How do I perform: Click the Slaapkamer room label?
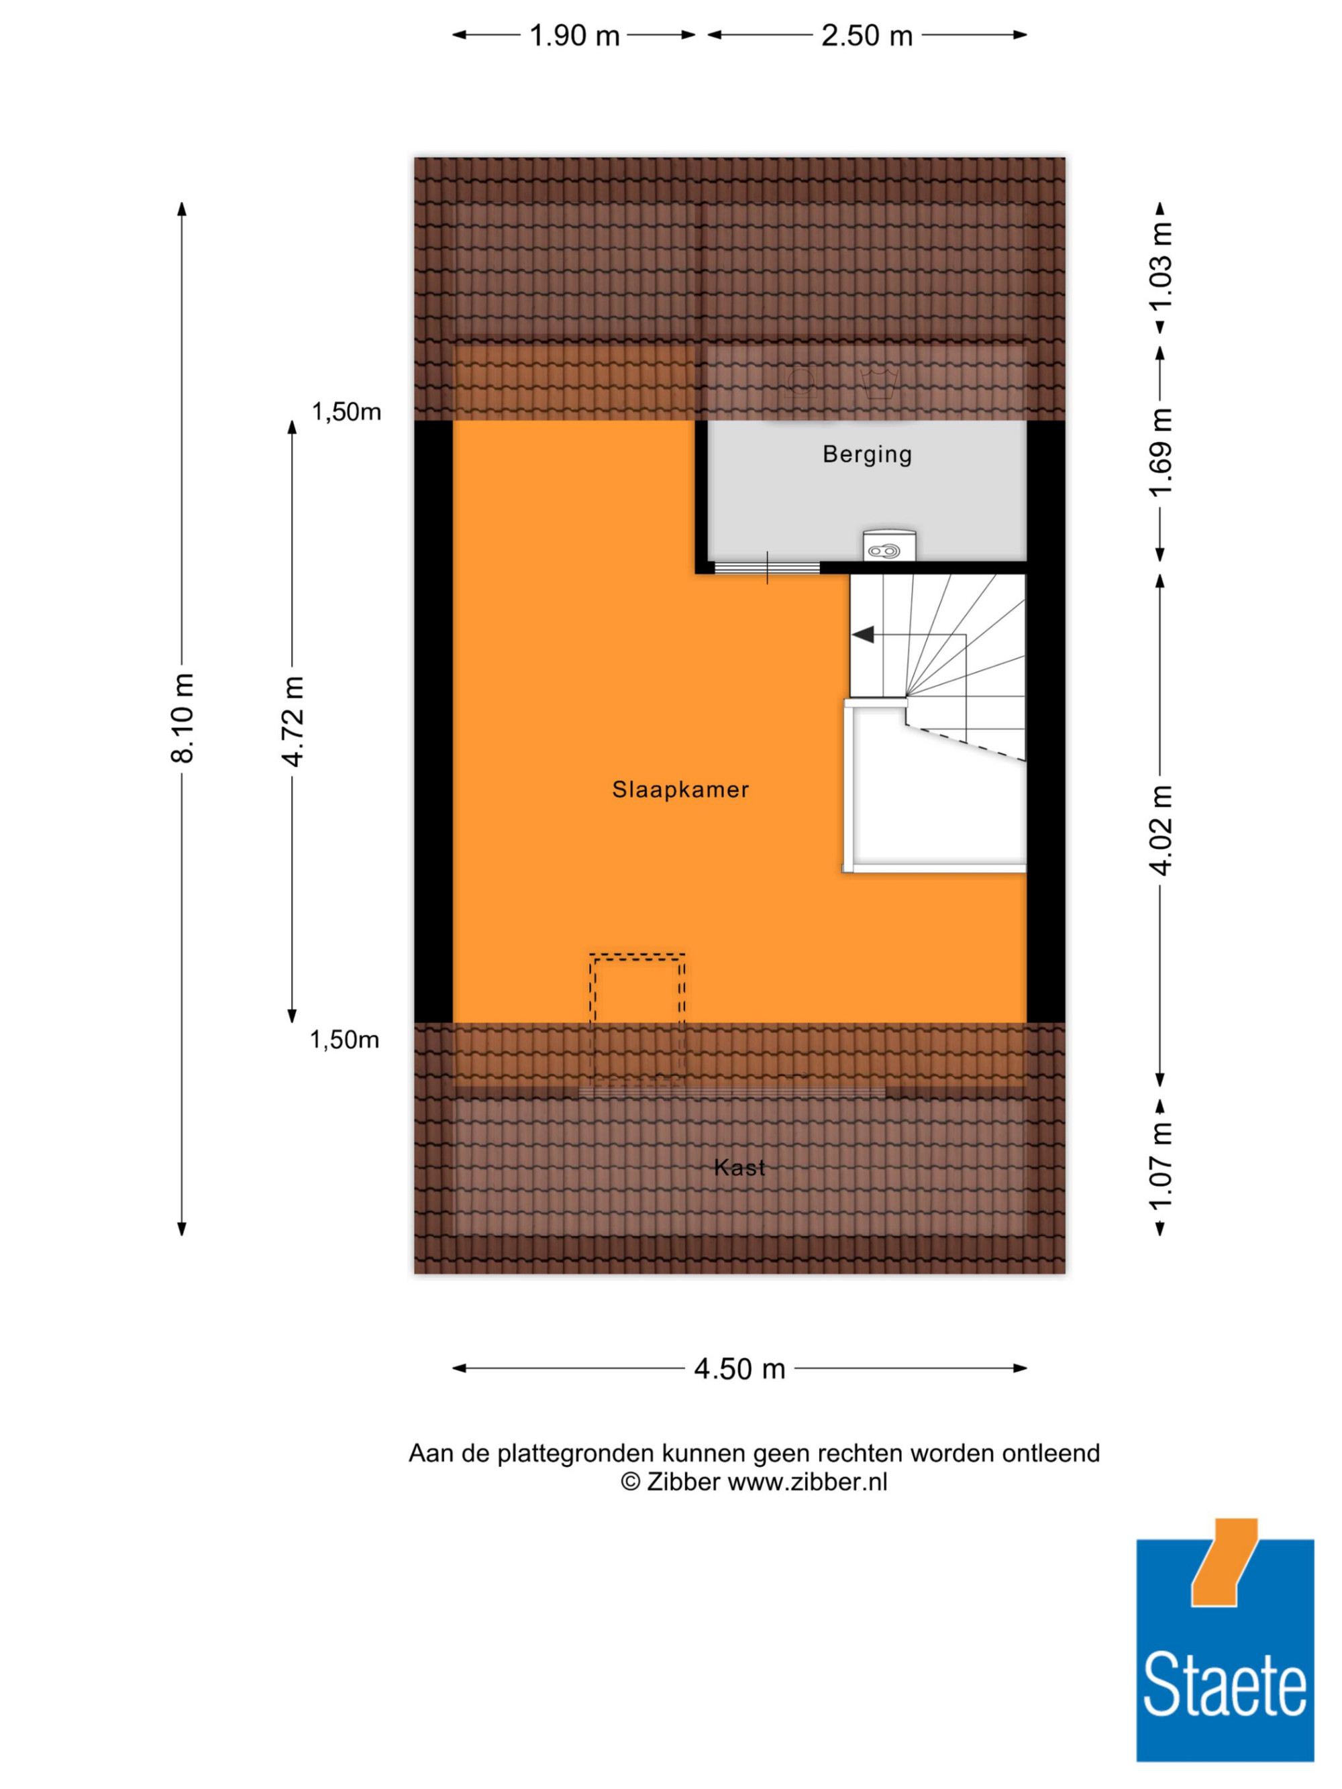point(680,790)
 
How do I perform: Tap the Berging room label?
point(867,455)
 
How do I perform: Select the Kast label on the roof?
point(739,1167)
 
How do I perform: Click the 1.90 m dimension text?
point(574,36)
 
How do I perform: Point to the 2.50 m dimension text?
point(867,36)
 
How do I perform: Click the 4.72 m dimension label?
point(292,721)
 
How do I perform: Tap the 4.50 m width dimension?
point(739,1368)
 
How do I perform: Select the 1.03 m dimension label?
point(1161,265)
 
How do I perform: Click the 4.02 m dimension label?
point(1161,830)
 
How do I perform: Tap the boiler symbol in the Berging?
point(889,545)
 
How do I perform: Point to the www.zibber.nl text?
point(807,1482)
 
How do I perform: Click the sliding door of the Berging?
point(767,567)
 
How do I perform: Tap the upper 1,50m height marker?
point(346,413)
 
